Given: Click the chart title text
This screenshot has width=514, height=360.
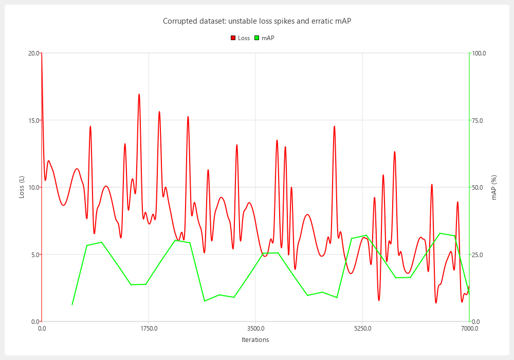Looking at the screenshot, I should (256, 21).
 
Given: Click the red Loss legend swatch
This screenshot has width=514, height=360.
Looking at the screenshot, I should (233, 38).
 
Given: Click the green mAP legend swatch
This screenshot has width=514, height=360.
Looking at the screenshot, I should (256, 38).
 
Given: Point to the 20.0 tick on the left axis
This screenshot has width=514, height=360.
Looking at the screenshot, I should (33, 53).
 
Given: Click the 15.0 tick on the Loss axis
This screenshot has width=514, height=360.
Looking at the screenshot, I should (33, 120).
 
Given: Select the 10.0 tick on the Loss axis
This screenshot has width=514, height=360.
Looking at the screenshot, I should (33, 187).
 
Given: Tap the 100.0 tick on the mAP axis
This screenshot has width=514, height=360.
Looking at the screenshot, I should (479, 53).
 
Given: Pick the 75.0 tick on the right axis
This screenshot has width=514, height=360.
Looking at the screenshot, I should (478, 120).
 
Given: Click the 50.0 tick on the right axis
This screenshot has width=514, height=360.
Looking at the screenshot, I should (478, 187).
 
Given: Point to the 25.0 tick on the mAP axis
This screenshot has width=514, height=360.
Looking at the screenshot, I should (478, 255).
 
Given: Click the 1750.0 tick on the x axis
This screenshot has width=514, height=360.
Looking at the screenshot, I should (149, 328).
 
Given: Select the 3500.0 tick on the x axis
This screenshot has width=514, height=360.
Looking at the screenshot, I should (255, 328).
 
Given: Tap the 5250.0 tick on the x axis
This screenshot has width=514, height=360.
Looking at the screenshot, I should (362, 328).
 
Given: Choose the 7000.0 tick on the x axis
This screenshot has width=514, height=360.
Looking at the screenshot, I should (469, 328).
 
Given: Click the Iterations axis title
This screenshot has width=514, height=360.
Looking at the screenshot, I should (255, 340).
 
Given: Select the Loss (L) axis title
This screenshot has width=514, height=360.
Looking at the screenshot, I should (22, 187).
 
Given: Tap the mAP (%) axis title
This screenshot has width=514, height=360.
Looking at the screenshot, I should (494, 187).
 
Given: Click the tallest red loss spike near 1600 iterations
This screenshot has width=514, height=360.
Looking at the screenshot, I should (139, 95).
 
